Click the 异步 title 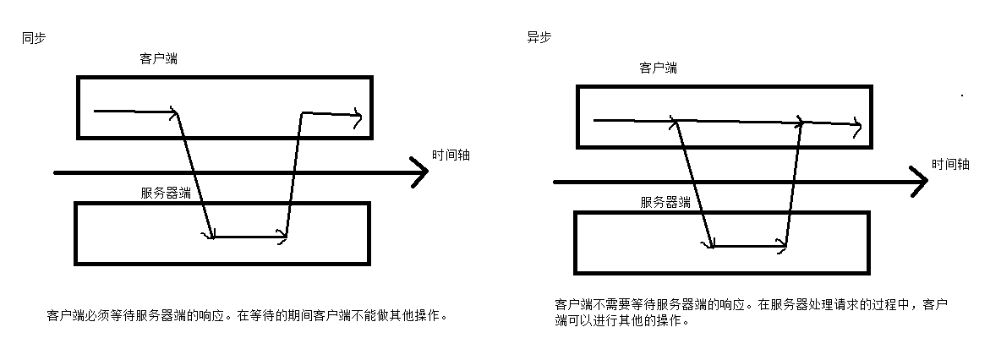(539, 38)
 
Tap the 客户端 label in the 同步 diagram (158, 59)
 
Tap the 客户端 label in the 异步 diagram (658, 68)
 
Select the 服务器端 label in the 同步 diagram (166, 193)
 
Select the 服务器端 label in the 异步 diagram (665, 202)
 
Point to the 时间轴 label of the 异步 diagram (951, 165)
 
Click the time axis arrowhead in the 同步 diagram (421, 172)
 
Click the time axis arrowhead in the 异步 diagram (921, 181)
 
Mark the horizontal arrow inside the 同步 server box (249, 237)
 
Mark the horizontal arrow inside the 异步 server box (748, 247)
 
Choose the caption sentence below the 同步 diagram (246, 316)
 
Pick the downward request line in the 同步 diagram (194, 174)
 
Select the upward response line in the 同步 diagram (293, 174)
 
